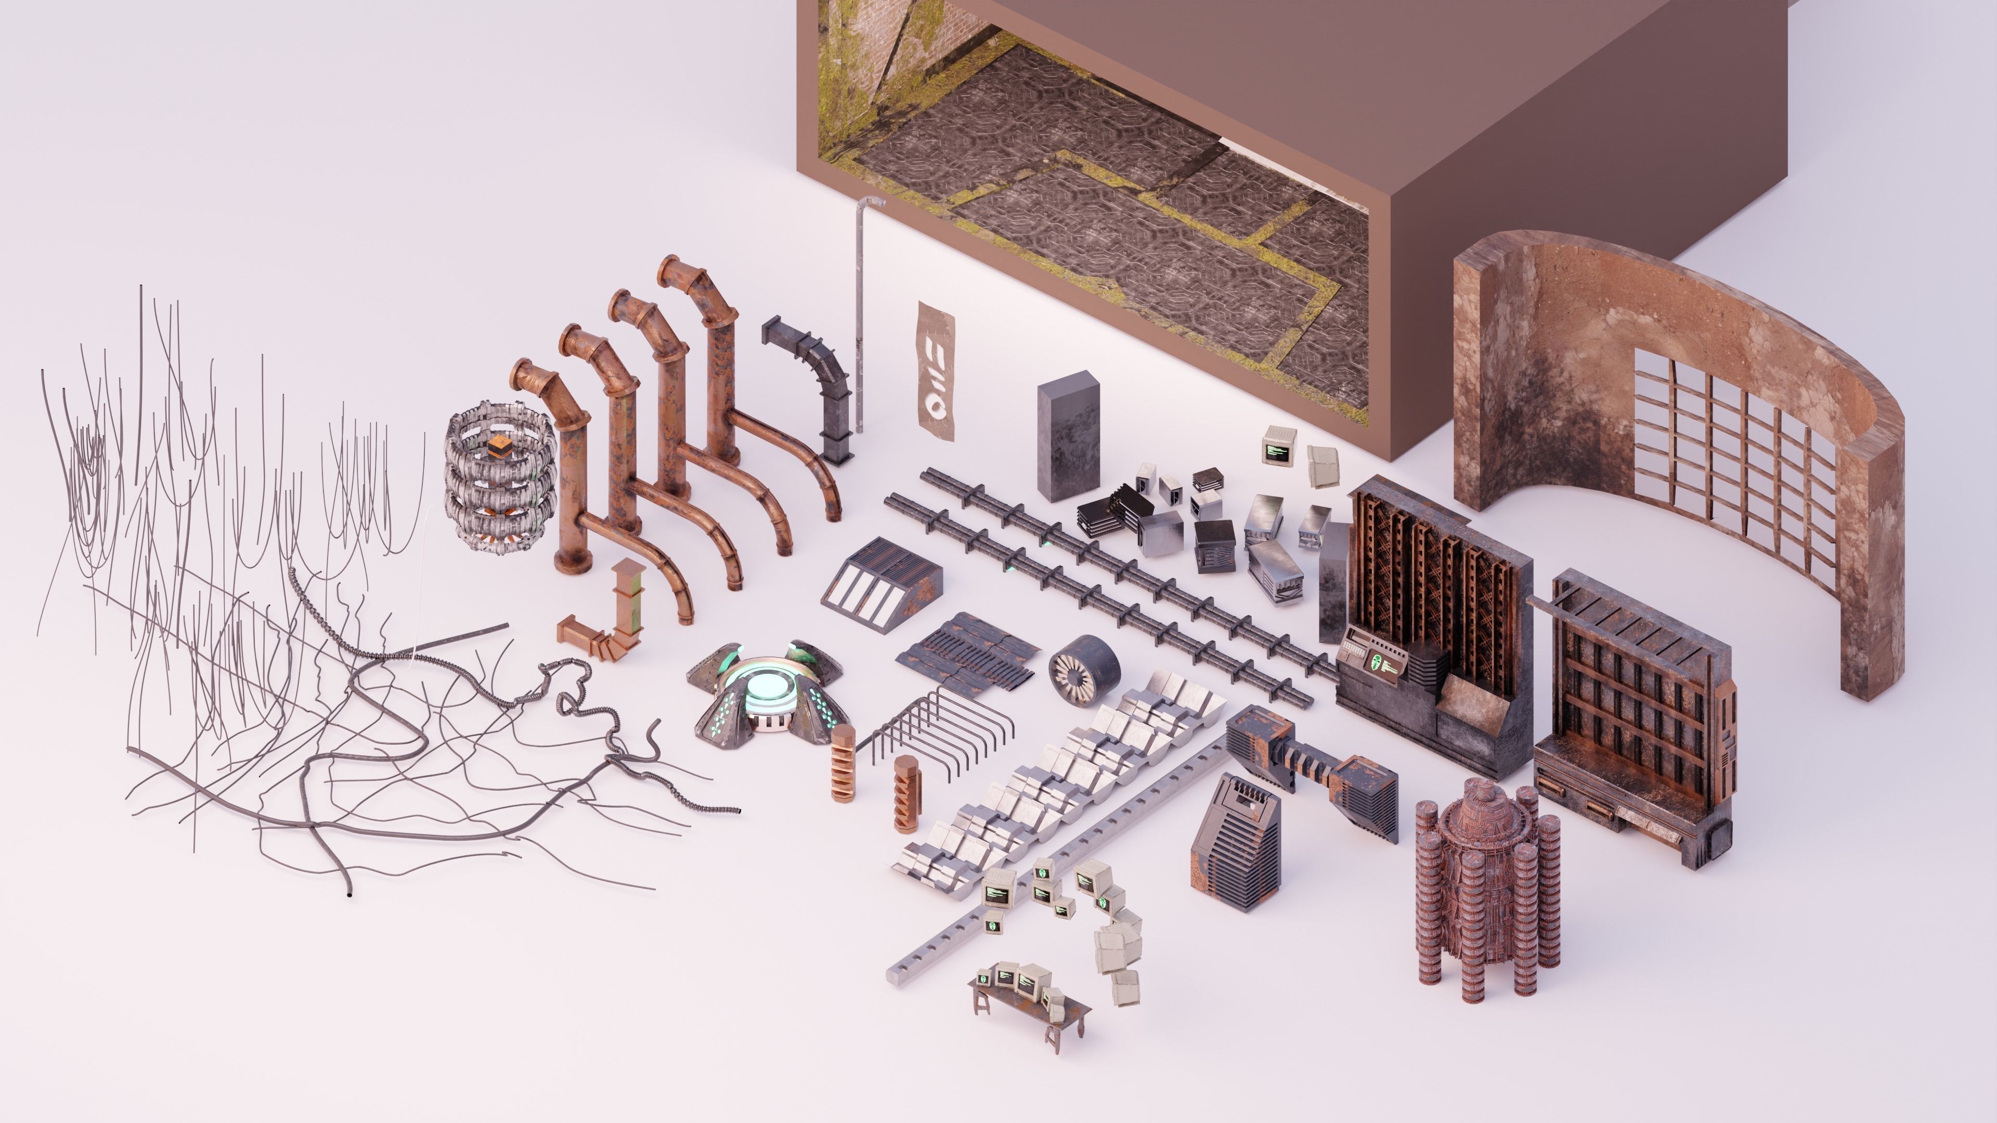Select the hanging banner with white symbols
[936, 371]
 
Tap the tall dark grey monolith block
[1068, 436]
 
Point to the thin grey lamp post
[861, 310]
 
